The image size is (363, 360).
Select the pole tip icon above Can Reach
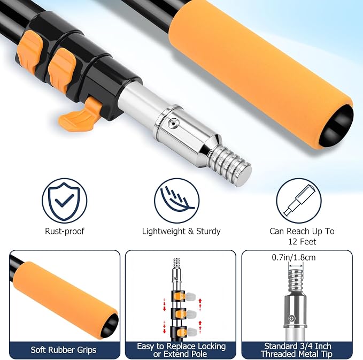[x=299, y=201]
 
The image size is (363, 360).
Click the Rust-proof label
[x=65, y=231]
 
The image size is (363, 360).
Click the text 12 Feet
[x=302, y=242]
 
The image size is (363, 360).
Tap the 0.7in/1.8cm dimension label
[x=294, y=257]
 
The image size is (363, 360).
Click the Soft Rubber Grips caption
[x=64, y=350]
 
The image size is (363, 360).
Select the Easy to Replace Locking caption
[x=181, y=346]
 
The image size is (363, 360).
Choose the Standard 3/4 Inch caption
[x=298, y=346]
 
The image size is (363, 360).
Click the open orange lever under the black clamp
[x=80, y=113]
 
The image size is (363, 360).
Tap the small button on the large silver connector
[x=173, y=123]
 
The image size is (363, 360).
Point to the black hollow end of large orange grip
[x=336, y=126]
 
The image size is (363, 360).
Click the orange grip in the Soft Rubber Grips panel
[x=65, y=299]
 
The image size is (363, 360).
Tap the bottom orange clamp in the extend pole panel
[x=181, y=332]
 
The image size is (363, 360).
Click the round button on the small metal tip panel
[x=292, y=318]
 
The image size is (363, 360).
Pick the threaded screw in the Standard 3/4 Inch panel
[x=296, y=281]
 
